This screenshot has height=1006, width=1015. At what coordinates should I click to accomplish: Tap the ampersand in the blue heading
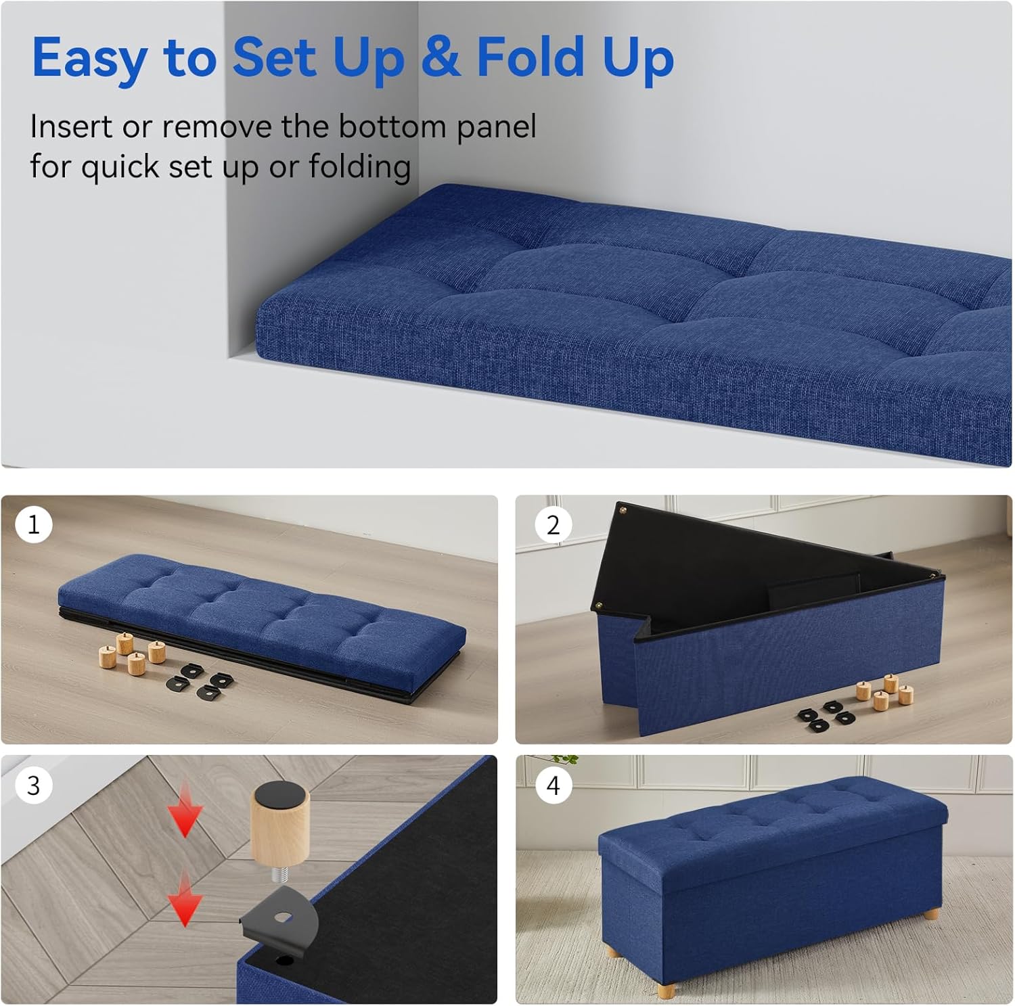pyautogui.click(x=440, y=57)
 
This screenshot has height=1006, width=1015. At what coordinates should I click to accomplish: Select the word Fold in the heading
pyautogui.click(x=530, y=57)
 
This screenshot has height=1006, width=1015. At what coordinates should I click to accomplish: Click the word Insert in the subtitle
pyautogui.click(x=70, y=127)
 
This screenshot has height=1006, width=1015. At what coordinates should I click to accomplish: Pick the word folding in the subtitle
pyautogui.click(x=359, y=167)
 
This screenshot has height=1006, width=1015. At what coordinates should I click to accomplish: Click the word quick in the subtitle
pyautogui.click(x=119, y=167)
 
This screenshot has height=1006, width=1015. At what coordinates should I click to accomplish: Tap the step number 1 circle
pyautogui.click(x=33, y=524)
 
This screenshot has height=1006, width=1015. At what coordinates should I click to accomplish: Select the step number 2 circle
pyautogui.click(x=553, y=525)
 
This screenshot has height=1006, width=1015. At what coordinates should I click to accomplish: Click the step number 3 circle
pyautogui.click(x=33, y=785)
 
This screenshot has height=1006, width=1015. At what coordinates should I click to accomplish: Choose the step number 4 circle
pyautogui.click(x=553, y=785)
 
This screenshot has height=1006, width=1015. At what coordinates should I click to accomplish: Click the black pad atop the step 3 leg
pyautogui.click(x=281, y=790)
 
